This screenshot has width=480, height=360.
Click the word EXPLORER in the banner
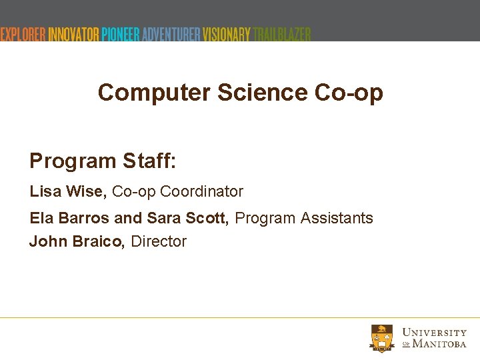click(x=23, y=34)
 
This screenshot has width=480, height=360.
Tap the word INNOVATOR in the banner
click(x=73, y=34)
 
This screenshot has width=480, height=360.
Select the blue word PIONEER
click(x=121, y=34)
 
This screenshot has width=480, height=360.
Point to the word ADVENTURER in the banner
click(x=171, y=34)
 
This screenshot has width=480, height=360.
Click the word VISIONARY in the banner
click(x=227, y=34)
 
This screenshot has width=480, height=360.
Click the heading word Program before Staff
click(x=73, y=161)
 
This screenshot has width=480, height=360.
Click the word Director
click(x=159, y=241)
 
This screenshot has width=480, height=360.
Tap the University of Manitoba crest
click(x=382, y=338)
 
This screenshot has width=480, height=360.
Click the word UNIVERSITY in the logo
click(x=435, y=332)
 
